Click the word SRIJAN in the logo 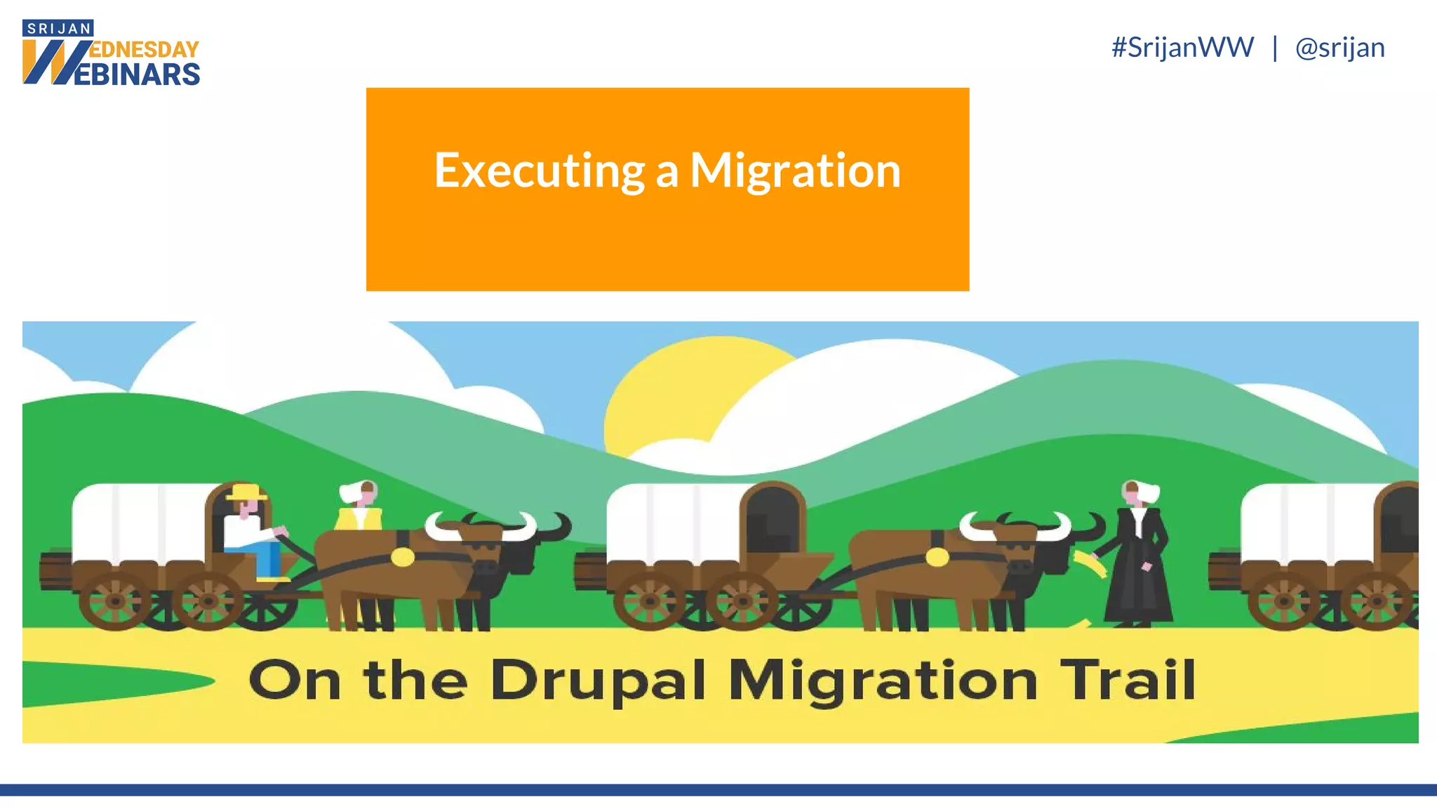click(59, 29)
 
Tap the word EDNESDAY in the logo click(145, 50)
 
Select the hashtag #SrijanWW click(1182, 48)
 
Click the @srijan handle click(1339, 48)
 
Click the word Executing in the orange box click(539, 171)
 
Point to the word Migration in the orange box click(795, 171)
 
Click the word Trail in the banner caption click(1128, 680)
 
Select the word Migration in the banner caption click(883, 680)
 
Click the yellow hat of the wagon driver click(246, 492)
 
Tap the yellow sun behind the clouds click(653, 400)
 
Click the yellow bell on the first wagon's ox click(403, 558)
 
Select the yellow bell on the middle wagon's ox click(937, 558)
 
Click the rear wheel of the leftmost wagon click(115, 600)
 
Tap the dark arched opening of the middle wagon click(772, 520)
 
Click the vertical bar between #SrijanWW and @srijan click(1275, 48)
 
